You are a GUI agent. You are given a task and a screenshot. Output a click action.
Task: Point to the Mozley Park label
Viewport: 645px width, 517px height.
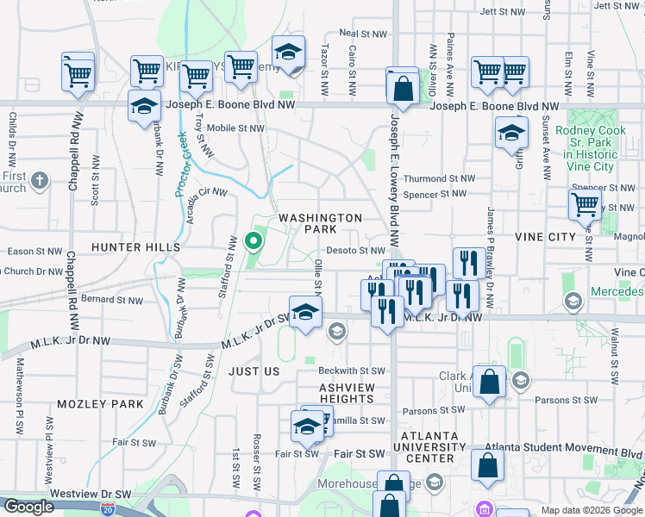(x=100, y=403)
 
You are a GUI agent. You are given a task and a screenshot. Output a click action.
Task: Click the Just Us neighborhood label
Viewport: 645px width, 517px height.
(x=254, y=371)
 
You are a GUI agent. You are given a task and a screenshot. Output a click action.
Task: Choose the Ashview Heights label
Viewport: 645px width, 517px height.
(x=348, y=394)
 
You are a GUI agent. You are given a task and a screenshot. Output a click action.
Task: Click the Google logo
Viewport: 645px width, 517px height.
(x=28, y=507)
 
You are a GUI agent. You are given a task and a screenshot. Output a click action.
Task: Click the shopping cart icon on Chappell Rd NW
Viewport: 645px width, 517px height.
(x=78, y=73)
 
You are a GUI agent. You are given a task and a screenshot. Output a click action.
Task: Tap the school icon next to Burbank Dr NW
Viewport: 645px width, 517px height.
(x=144, y=108)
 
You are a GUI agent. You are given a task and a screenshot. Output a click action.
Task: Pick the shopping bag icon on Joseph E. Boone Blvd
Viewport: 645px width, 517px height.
(x=403, y=87)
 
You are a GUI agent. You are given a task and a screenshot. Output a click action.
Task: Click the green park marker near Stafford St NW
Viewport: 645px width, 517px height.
(x=254, y=240)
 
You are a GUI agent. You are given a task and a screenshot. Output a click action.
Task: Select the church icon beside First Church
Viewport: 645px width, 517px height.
(x=40, y=181)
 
